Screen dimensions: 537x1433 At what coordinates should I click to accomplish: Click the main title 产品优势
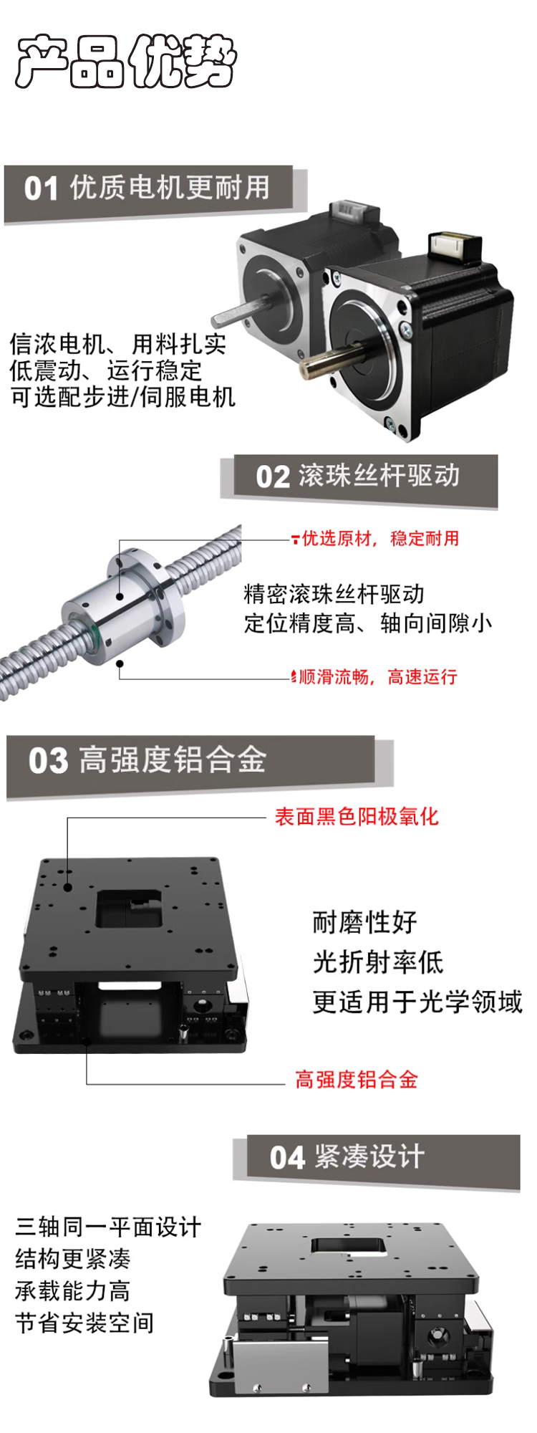126,61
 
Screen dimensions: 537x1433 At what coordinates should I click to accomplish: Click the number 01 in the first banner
41,189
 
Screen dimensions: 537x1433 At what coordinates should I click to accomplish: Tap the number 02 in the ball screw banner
273,477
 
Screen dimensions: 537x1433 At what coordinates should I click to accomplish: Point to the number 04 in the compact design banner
287,1157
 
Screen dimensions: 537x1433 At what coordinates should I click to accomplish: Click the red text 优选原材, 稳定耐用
380,539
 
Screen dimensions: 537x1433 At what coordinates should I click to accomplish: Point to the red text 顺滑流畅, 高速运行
377,677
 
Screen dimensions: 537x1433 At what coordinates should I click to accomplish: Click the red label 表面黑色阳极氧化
357,817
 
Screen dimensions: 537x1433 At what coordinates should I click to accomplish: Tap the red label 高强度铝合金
357,1080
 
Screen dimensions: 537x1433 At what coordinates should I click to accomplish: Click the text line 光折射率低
378,962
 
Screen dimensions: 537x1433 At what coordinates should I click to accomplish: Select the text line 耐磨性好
365,922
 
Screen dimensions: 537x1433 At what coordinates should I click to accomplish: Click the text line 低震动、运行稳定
106,370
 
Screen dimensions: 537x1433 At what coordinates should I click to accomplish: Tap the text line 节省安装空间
84,1323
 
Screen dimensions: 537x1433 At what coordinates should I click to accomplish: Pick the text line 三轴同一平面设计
108,1227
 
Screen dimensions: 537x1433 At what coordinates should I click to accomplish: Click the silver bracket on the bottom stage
268,1364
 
